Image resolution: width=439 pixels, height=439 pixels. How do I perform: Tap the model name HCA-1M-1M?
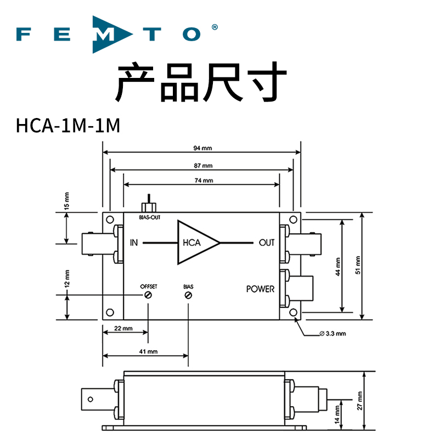68,126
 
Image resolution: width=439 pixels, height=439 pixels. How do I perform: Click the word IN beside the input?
134,243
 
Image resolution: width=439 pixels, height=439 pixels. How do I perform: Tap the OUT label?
266,243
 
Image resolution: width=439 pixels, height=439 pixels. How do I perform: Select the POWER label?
260,289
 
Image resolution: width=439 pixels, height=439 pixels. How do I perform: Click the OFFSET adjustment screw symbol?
148,295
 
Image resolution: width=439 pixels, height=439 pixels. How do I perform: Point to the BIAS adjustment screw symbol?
188,295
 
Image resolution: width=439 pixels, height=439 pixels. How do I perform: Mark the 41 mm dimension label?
145,351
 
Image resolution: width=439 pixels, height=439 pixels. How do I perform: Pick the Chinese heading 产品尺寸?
201,82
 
